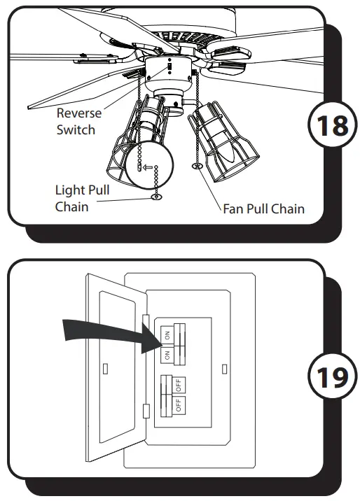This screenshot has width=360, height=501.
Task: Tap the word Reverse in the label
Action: click(x=79, y=113)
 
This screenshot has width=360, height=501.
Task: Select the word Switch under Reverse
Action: click(x=76, y=129)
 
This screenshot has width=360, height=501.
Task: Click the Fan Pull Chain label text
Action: click(x=263, y=209)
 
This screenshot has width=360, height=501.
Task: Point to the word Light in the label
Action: click(x=71, y=190)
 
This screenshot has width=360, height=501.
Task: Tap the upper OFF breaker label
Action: click(x=179, y=384)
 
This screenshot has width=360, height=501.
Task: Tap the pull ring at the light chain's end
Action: click(x=156, y=198)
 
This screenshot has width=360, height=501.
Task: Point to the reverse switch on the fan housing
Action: click(x=168, y=71)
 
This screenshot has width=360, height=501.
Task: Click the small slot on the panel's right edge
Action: click(x=223, y=366)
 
